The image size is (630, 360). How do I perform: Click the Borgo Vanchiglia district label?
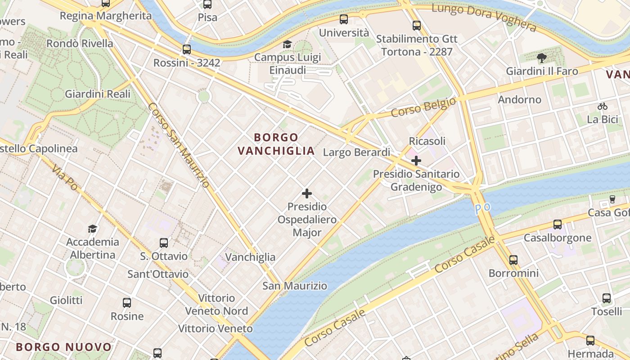pyautogui.click(x=276, y=144)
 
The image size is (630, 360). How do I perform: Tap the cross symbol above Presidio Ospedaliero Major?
pyautogui.click(x=307, y=193)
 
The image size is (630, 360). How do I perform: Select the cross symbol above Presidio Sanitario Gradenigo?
pyautogui.click(x=416, y=160)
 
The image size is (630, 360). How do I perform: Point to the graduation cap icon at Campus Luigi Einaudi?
pyautogui.click(x=287, y=44)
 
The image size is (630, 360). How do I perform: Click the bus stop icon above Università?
pyautogui.click(x=344, y=19)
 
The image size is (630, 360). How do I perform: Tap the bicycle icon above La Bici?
pyautogui.click(x=603, y=106)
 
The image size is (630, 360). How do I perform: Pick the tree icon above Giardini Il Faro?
pyautogui.click(x=542, y=58)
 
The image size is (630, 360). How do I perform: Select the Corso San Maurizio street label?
pyautogui.click(x=178, y=145)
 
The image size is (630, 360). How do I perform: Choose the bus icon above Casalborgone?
pyautogui.click(x=558, y=224)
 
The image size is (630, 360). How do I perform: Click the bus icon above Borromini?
pyautogui.click(x=513, y=260)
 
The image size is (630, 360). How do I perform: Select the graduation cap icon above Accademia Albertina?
pyautogui.click(x=93, y=229)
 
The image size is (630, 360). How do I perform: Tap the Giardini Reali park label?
pyautogui.click(x=98, y=94)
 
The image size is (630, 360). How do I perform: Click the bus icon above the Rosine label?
pyautogui.click(x=127, y=302)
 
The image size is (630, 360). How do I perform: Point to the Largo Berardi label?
pyautogui.click(x=356, y=153)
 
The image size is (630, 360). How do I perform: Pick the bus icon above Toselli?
pyautogui.click(x=607, y=298)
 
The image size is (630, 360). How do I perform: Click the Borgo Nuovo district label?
pyautogui.click(x=63, y=347)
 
